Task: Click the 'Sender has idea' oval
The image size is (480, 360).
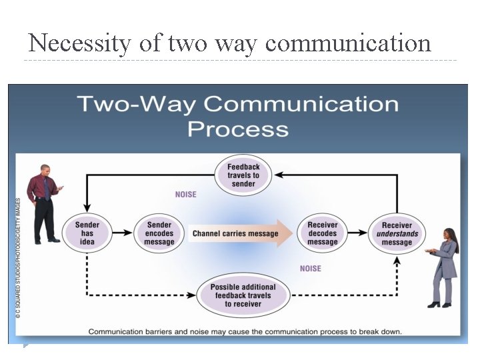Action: click(x=87, y=233)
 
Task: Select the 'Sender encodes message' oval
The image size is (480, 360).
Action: click(x=159, y=233)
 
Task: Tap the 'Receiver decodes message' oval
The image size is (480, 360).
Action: click(x=323, y=233)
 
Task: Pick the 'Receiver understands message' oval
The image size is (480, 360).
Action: click(x=397, y=233)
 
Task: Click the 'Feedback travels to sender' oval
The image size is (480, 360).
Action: click(x=243, y=175)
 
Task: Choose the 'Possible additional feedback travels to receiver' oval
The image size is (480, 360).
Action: click(x=243, y=295)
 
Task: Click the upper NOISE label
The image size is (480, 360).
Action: click(x=186, y=195)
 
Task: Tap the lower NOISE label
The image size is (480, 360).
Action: click(x=310, y=269)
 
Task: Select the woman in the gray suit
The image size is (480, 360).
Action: click(x=445, y=267)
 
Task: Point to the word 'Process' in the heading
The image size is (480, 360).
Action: click(x=238, y=128)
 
